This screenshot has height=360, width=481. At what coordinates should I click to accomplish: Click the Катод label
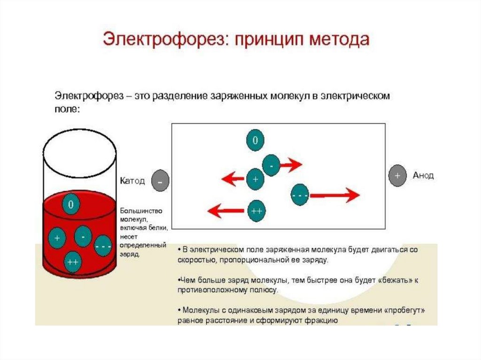pyautogui.click(x=133, y=180)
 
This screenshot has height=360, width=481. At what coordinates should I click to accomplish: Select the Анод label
pyautogui.click(x=423, y=176)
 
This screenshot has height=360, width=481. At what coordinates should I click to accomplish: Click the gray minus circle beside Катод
pyautogui.click(x=160, y=181)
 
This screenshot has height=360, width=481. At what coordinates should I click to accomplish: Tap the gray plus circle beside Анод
pyautogui.click(x=397, y=176)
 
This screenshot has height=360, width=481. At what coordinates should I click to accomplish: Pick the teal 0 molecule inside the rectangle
pyautogui.click(x=255, y=140)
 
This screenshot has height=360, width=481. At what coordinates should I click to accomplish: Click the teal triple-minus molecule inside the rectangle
pyautogui.click(x=300, y=194)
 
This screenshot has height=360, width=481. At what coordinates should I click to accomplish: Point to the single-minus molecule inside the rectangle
pyautogui.click(x=272, y=165)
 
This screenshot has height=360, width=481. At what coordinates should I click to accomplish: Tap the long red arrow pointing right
pyautogui.click(x=335, y=194)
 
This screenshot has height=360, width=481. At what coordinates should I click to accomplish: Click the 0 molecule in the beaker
pyautogui.click(x=70, y=205)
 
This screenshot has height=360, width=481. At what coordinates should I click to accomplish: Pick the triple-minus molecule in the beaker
pyautogui.click(x=103, y=245)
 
